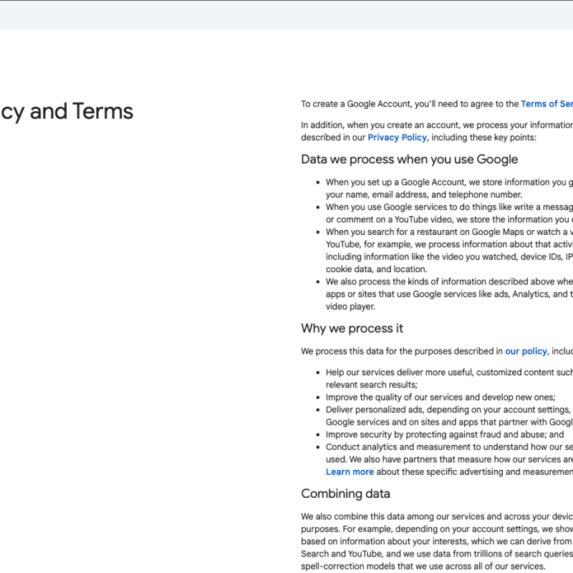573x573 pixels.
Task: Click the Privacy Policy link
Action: [397, 138]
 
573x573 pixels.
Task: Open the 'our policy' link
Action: [526, 351]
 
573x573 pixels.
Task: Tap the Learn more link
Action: [350, 472]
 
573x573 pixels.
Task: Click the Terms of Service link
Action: [547, 104]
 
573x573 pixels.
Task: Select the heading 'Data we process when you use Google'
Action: [409, 159]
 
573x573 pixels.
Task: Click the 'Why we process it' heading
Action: [352, 328]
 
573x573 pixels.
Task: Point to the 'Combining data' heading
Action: [345, 493]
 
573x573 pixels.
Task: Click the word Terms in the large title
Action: [102, 112]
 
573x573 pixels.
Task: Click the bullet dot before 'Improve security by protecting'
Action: [318, 435]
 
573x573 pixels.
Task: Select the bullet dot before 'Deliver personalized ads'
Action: [318, 410]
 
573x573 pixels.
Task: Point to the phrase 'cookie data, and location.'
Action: [376, 269]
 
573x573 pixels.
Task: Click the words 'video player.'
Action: [350, 307]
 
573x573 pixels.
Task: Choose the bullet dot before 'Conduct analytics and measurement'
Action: [318, 447]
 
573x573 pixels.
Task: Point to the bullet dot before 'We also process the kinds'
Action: [318, 282]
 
